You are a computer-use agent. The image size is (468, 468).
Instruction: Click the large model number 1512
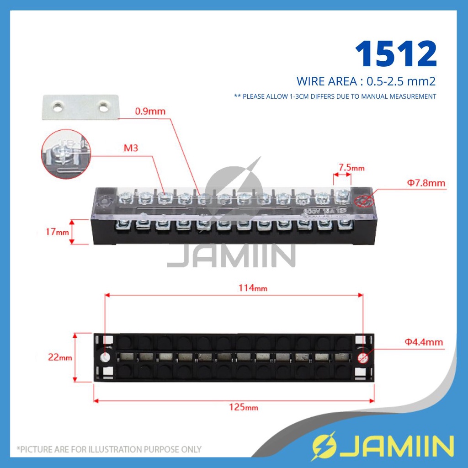click(x=396, y=54)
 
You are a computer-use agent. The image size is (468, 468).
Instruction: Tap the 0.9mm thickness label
click(x=150, y=111)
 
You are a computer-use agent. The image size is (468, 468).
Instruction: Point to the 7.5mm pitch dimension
click(x=351, y=168)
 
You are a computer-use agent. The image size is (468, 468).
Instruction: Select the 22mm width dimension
click(x=59, y=357)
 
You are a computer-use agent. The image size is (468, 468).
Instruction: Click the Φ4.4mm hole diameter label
click(x=423, y=342)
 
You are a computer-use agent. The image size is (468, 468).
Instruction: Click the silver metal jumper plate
click(x=80, y=107)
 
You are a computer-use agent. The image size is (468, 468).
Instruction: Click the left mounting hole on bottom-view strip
click(x=106, y=357)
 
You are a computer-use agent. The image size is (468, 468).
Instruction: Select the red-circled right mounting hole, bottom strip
click(x=363, y=357)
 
